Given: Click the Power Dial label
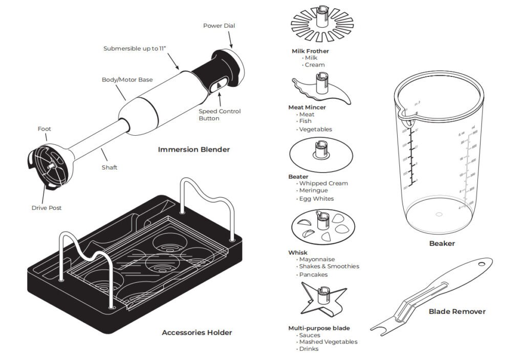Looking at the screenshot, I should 219,26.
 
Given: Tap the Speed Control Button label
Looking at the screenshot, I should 219,115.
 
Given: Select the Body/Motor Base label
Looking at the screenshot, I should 127,80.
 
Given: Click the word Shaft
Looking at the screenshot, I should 109,167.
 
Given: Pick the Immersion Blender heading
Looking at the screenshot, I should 193,150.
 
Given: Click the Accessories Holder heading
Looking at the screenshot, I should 196,332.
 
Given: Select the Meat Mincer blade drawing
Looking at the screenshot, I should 321,88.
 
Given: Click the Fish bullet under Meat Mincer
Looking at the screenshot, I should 305,121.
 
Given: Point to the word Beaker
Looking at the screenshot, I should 442,243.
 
